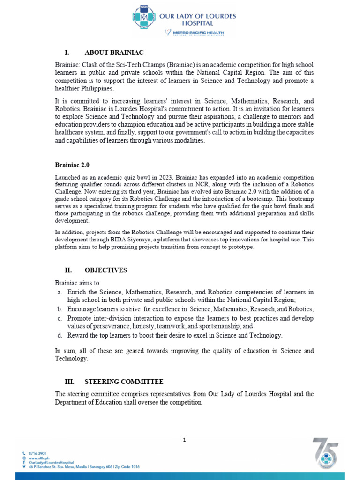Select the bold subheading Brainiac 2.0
point(72,165)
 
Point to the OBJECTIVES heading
point(105,270)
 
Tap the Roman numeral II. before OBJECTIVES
point(68,270)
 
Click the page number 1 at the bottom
point(185,440)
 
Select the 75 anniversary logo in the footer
point(326,453)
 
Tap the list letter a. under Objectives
point(60,292)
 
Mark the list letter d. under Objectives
point(60,335)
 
